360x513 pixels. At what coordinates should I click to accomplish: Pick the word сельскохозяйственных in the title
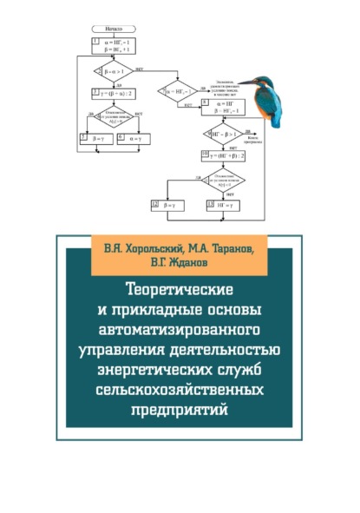pyautogui.click(x=180, y=391)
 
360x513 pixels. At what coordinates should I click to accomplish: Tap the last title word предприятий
pyautogui.click(x=180, y=411)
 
